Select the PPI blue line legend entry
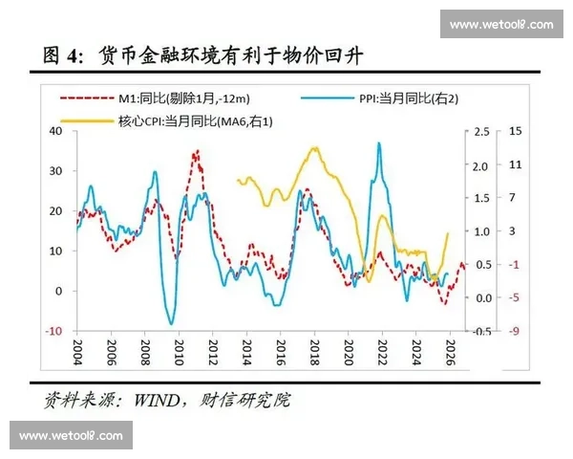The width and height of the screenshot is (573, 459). (382, 97)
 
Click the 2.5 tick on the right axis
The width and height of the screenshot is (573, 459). (482, 131)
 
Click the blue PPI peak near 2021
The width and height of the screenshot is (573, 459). (379, 143)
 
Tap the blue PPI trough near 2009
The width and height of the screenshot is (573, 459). (172, 323)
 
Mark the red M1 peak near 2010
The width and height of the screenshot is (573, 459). (197, 151)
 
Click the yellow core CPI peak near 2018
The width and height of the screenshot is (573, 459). (312, 148)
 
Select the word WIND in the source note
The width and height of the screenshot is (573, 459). (156, 398)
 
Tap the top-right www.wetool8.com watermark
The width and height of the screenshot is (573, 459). (501, 24)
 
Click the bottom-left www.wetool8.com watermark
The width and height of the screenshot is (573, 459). (71, 436)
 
